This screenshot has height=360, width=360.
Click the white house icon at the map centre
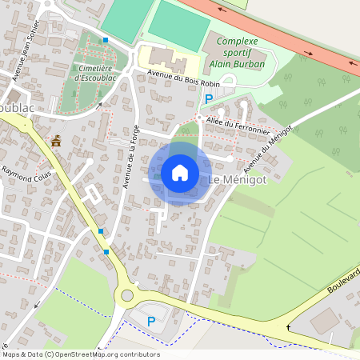pyautogui.click(x=180, y=173)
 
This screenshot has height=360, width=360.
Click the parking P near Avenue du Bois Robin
pyautogui.click(x=209, y=98)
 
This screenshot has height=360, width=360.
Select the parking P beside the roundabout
pyautogui.click(x=151, y=321)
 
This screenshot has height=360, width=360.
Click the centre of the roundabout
pyautogui.click(x=126, y=297)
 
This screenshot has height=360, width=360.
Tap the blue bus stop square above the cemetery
pyautogui.click(x=105, y=40)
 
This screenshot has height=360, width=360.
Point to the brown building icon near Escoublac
pyautogui.click(x=56, y=142)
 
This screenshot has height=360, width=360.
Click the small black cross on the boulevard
pyautogui.click(x=289, y=329)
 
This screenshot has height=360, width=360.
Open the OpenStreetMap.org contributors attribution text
pyautogui.click(x=107, y=354)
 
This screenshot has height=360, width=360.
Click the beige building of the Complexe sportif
pyautogui.click(x=164, y=58)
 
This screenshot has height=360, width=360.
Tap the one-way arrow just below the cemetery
pyautogui.click(x=100, y=105)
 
